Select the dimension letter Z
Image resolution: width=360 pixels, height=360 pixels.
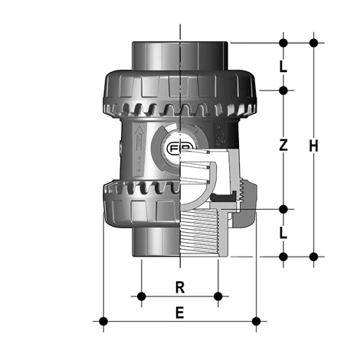point(283,145)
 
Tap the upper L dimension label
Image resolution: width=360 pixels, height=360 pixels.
point(283,67)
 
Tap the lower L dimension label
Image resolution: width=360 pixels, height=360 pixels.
point(283,233)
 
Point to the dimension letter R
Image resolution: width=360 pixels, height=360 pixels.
point(180,288)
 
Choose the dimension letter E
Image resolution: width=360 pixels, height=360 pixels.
point(180,313)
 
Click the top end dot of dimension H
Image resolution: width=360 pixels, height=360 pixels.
point(313,41)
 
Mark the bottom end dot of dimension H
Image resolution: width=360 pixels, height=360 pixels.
point(313,256)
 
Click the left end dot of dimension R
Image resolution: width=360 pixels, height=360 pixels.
point(141,296)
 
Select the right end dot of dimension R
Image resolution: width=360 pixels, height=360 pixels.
point(219,296)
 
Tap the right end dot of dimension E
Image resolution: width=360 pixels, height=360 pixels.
point(257,320)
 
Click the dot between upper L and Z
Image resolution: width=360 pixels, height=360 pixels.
point(283,90)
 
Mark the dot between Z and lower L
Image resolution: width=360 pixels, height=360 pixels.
point(283,209)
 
